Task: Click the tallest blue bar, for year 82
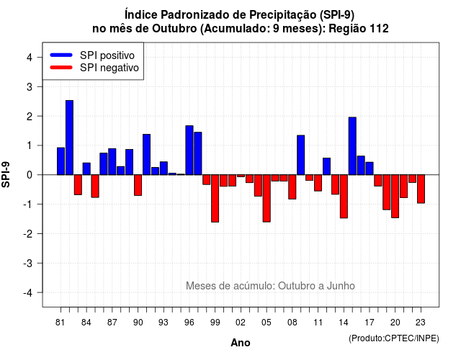tap(69, 138)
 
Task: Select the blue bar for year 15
tap(352, 146)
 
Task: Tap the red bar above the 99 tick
tap(215, 199)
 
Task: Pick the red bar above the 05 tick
tap(267, 199)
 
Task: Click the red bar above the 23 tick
tap(421, 189)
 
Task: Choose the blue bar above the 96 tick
tap(189, 150)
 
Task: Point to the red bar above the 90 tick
tap(138, 185)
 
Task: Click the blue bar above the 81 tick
tap(61, 161)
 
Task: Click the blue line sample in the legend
tap(61, 55)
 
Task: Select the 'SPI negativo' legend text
tap(109, 68)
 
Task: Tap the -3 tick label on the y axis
tap(27, 263)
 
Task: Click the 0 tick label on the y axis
tap(30, 175)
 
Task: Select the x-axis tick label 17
tap(370, 323)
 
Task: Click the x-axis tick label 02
tap(241, 323)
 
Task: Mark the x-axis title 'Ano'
tap(241, 343)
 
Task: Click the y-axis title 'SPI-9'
tap(6, 174)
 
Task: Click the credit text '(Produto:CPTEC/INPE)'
tap(394, 338)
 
